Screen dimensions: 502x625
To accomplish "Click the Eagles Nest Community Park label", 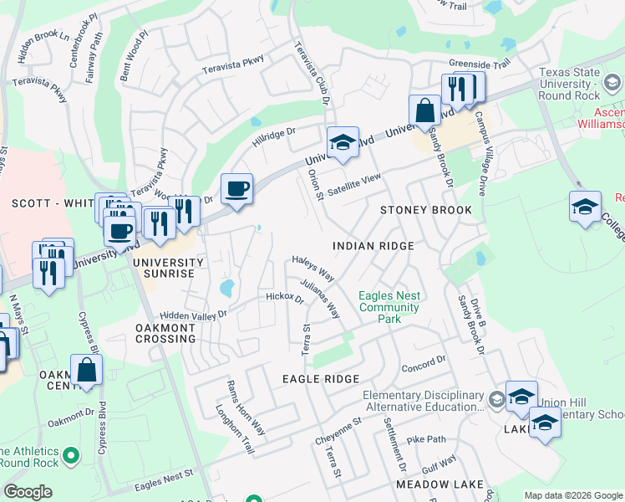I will (x=389, y=307).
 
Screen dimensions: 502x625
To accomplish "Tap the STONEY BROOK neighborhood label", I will (x=426, y=210).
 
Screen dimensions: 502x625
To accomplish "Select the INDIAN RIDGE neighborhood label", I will (x=373, y=246).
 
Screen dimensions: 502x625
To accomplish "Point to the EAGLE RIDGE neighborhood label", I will (x=321, y=379).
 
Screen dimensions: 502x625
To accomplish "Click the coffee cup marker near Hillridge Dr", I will (x=236, y=189).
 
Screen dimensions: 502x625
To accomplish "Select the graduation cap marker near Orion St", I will (x=343, y=143).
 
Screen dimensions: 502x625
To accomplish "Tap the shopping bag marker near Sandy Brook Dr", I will (x=424, y=110).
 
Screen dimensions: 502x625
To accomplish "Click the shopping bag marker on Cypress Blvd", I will (x=87, y=369).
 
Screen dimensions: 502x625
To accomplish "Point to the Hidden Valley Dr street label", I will (x=182, y=315).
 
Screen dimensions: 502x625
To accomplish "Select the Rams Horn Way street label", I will (x=246, y=408).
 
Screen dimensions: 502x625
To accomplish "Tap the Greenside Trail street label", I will (x=479, y=64).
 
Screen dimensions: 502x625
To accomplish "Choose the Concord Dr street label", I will (x=424, y=364).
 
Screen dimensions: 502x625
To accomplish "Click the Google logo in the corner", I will (x=28, y=492).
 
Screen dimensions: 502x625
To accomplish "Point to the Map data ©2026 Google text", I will (x=572, y=495).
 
